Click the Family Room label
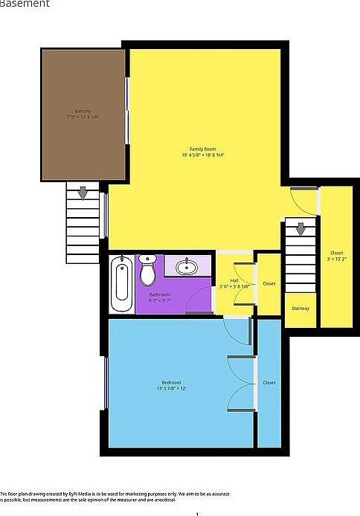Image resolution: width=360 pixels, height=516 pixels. (192, 149)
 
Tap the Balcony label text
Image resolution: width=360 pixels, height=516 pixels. (83, 111)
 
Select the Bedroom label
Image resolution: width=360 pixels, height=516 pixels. (171, 382)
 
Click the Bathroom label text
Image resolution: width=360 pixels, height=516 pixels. (160, 295)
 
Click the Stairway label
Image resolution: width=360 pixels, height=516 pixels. (300, 308)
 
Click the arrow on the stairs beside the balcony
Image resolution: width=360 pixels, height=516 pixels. (83, 193)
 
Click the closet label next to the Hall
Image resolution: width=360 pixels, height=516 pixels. (269, 283)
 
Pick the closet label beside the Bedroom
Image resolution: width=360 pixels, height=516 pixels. (269, 382)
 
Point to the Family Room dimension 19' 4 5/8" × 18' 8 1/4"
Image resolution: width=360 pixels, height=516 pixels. (192, 155)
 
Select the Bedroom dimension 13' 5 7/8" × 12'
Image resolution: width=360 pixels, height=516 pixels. (171, 389)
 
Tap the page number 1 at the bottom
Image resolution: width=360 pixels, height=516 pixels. (197, 512)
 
